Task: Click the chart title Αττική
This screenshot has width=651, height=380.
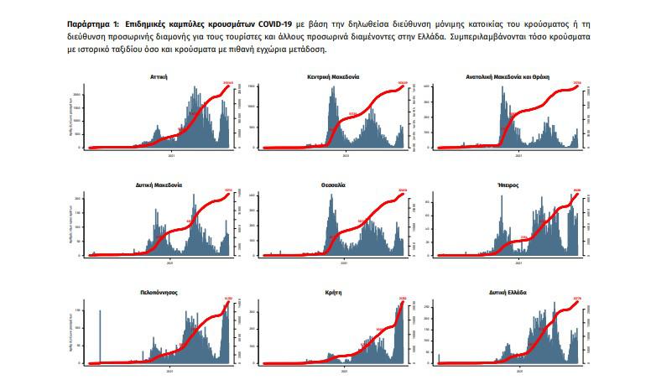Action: pyautogui.click(x=159, y=75)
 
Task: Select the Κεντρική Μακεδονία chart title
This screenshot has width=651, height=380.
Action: pyautogui.click(x=333, y=75)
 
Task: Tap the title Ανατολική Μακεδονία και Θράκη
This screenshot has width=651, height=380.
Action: pyautogui.click(x=507, y=75)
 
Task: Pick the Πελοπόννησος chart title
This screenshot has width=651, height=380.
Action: pyautogui.click(x=159, y=292)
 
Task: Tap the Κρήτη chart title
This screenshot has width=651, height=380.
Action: pyautogui.click(x=333, y=292)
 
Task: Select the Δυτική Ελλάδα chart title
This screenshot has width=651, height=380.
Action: pyautogui.click(x=507, y=292)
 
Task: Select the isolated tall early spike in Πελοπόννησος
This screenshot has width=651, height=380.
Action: pyautogui.click(x=100, y=336)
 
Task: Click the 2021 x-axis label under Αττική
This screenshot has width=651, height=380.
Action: pyautogui.click(x=170, y=154)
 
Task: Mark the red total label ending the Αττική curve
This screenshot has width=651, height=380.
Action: pyautogui.click(x=227, y=82)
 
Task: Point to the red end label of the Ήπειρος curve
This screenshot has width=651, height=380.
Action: pyautogui.click(x=576, y=190)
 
